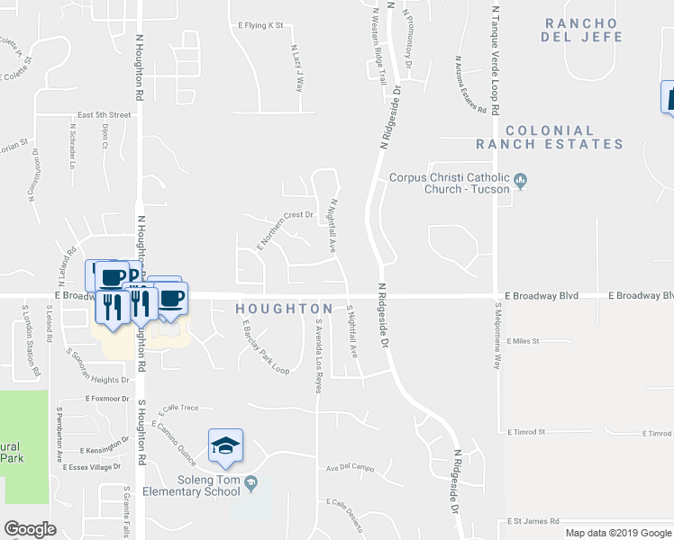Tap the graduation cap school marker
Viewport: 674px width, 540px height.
pos(226,446)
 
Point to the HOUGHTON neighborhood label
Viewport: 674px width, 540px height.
pos(278,309)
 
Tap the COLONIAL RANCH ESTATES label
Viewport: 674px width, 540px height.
pos(562,138)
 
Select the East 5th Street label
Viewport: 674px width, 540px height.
pos(104,115)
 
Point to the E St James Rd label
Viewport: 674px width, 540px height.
pos(533,521)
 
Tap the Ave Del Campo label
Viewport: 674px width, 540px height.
pos(350,467)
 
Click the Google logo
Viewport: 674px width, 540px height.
pos(30,529)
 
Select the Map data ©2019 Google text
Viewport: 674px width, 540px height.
pos(619,533)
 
